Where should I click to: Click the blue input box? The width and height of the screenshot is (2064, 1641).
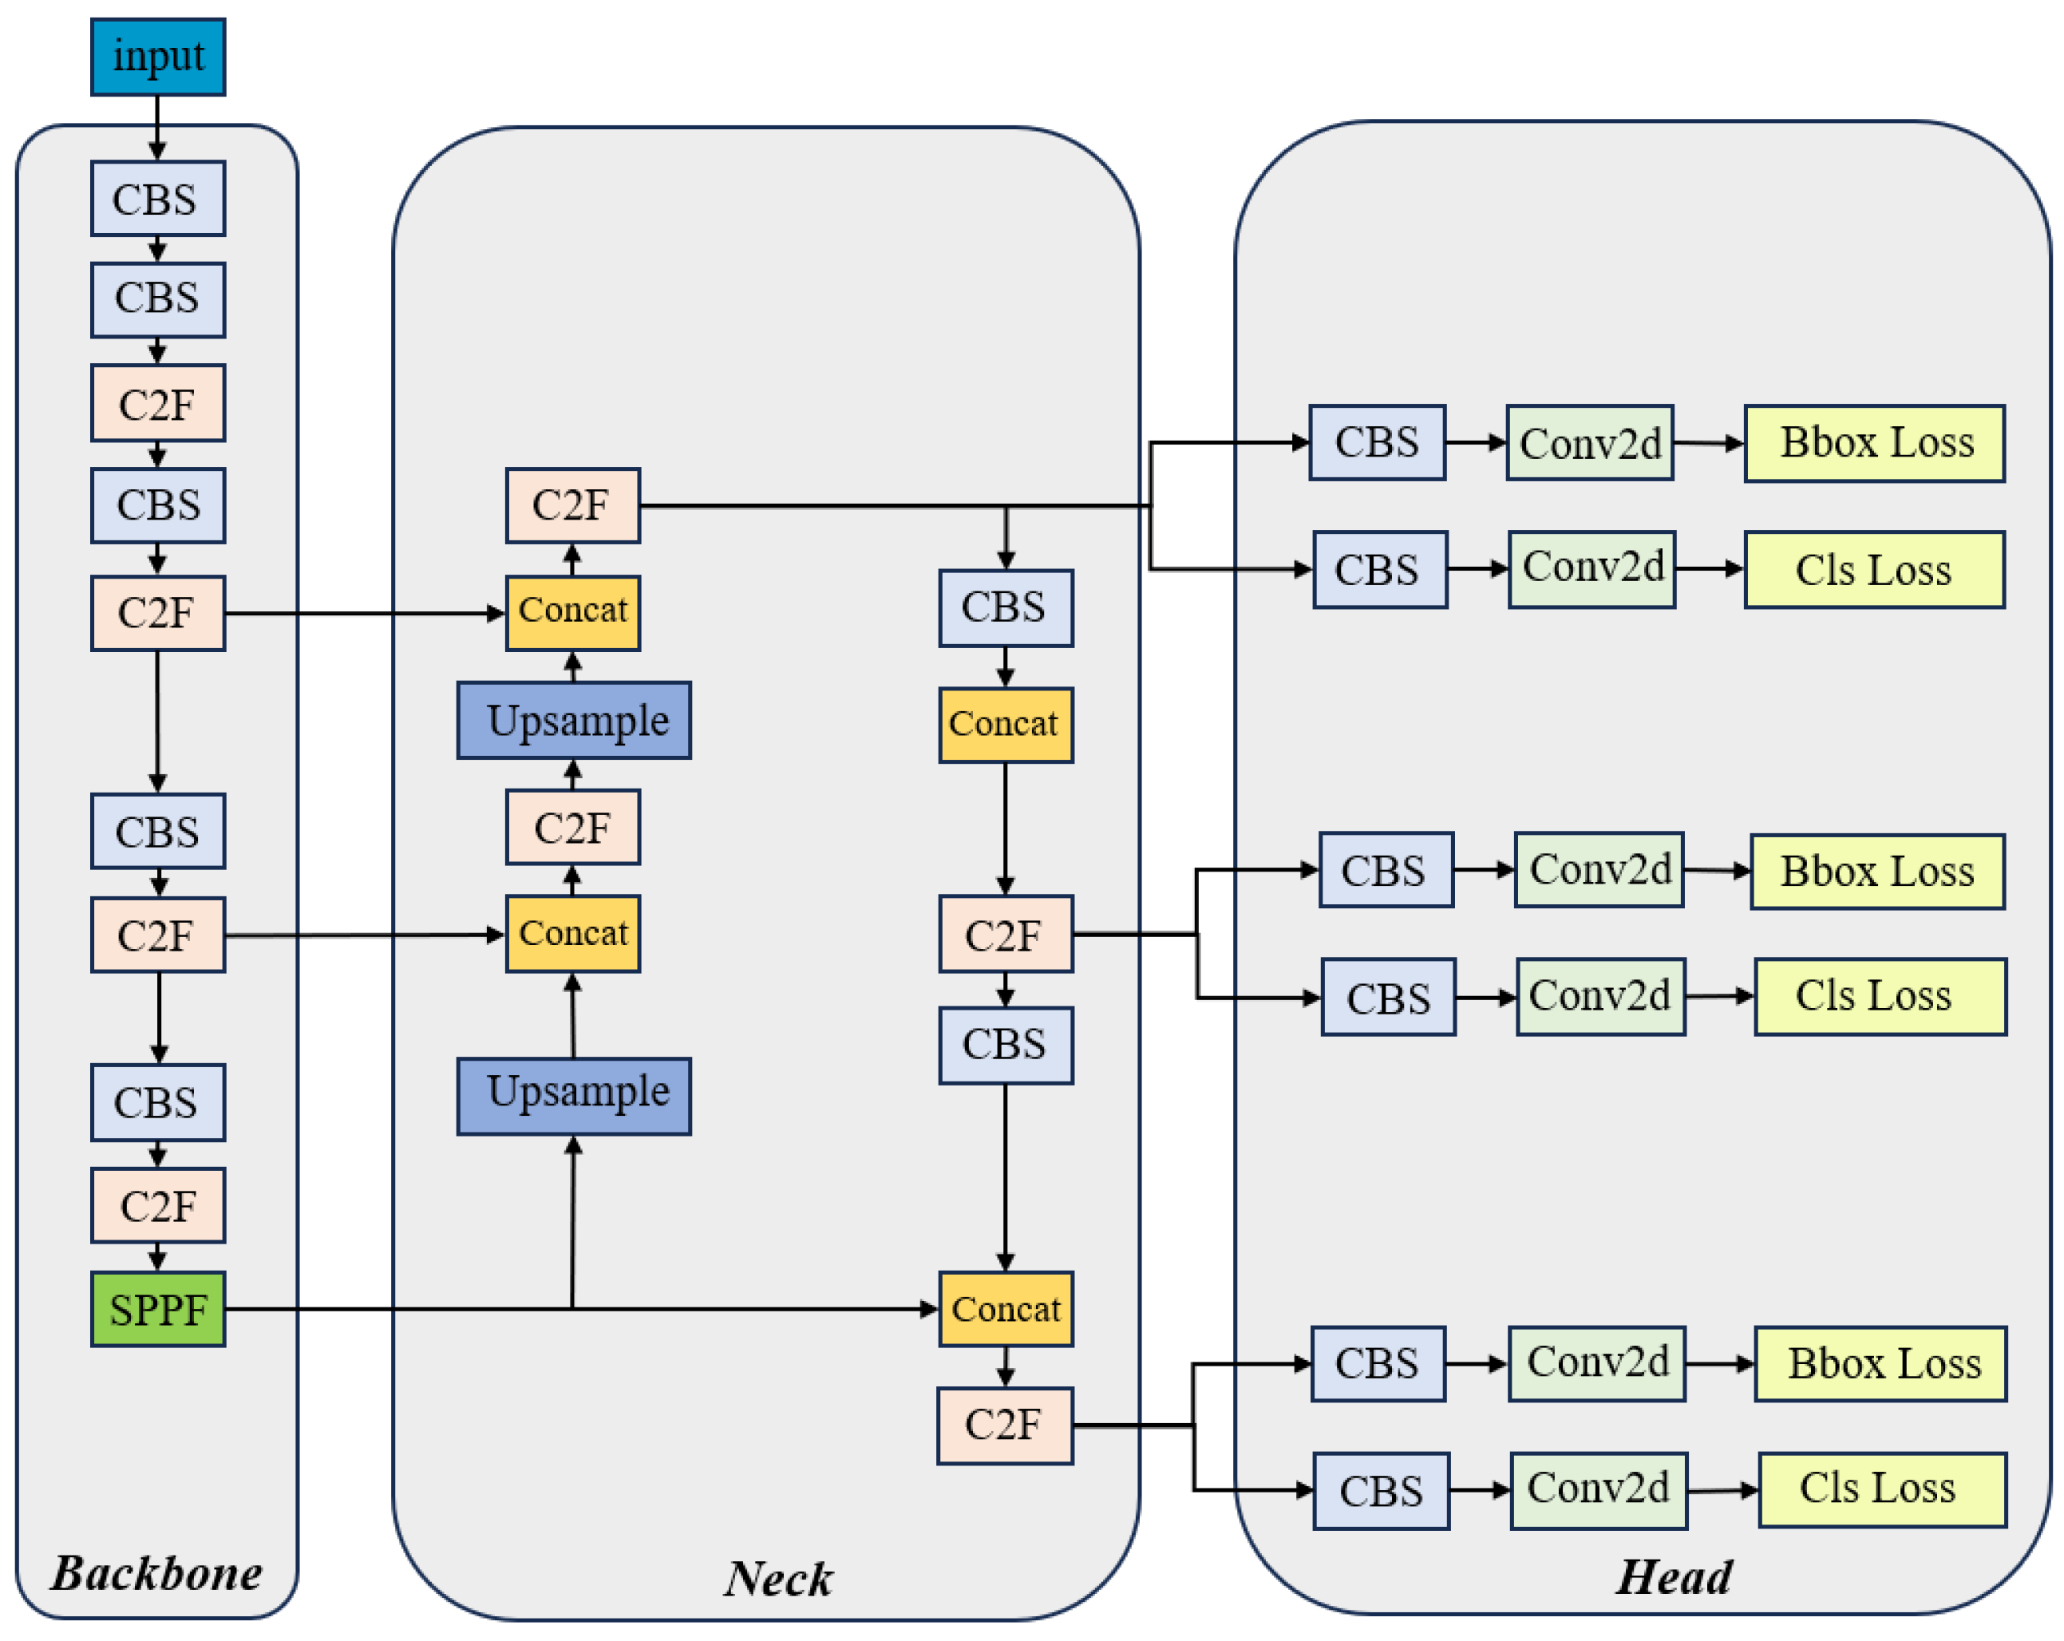tap(158, 57)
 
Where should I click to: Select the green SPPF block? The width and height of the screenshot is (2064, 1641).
tap(158, 1309)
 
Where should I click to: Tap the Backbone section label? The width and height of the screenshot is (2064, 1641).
tap(156, 1573)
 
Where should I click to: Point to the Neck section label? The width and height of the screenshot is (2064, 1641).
tap(777, 1579)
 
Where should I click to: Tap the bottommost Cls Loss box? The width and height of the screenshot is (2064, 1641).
tap(1882, 1489)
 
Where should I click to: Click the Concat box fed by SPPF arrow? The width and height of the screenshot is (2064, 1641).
tap(1005, 1309)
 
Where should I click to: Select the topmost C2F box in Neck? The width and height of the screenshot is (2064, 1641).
tap(572, 505)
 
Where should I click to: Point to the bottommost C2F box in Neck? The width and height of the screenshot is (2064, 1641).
tap(1004, 1425)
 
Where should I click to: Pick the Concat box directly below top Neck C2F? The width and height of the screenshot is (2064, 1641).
tap(572, 613)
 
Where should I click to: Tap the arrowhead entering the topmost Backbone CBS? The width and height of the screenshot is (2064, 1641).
tap(158, 152)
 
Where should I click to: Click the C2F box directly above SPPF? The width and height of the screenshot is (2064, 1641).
tap(158, 1205)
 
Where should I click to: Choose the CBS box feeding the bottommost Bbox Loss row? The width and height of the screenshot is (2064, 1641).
tap(1378, 1364)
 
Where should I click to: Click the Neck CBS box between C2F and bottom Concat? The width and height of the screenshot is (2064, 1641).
tap(1005, 1045)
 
